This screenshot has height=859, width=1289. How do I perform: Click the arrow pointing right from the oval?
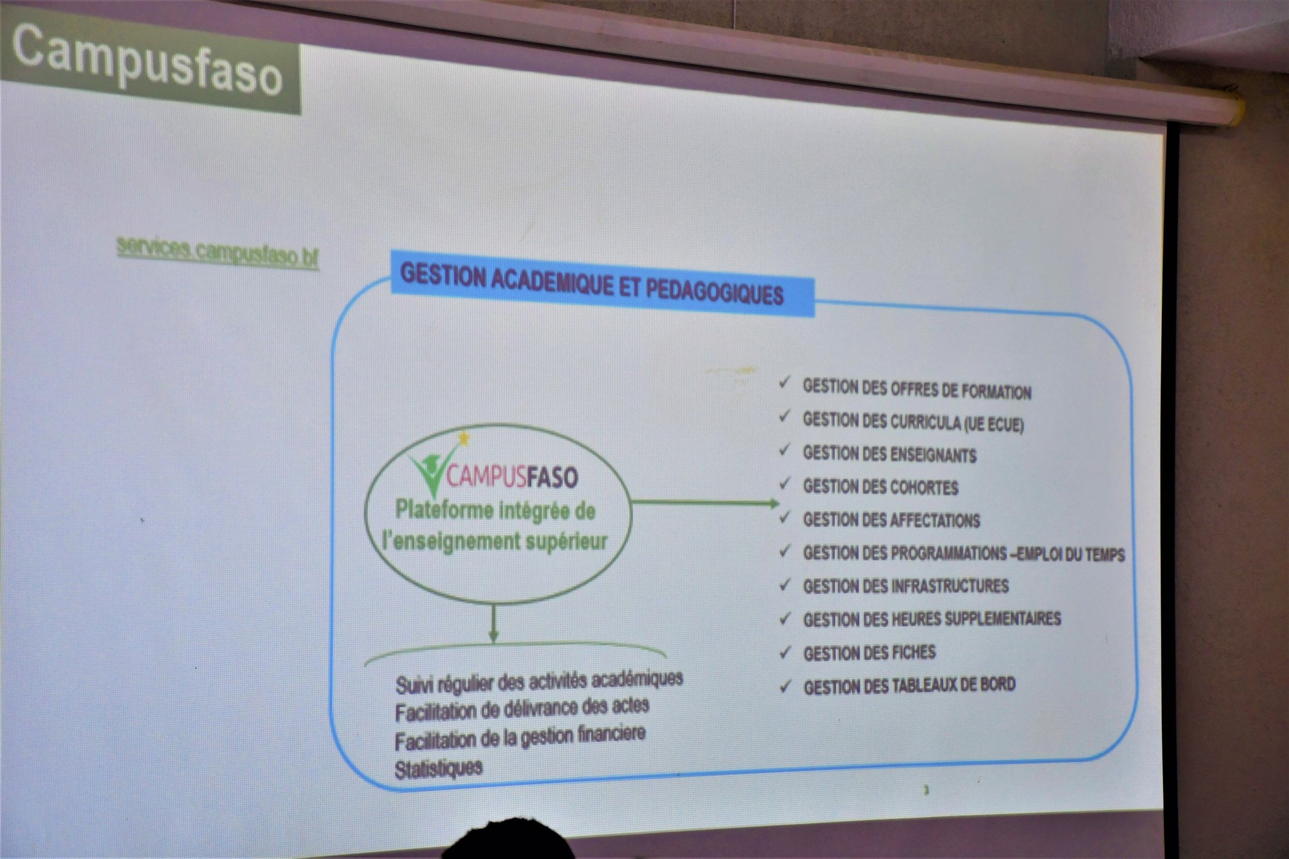(705, 502)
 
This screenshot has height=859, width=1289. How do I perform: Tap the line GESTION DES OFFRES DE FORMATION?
(917, 390)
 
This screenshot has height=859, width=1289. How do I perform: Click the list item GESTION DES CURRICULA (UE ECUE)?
(913, 422)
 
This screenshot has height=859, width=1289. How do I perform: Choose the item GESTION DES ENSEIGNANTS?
(889, 454)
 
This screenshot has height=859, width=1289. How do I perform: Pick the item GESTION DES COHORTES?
(881, 486)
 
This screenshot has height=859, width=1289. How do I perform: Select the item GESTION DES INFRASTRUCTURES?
(906, 586)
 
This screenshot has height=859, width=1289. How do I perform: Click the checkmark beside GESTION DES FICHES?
(784, 653)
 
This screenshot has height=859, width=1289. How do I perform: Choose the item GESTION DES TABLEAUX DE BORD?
(909, 685)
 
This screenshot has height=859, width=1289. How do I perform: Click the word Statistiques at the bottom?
(439, 768)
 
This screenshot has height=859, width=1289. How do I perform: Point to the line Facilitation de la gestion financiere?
(520, 738)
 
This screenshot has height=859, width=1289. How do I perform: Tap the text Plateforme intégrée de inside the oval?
(495, 510)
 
